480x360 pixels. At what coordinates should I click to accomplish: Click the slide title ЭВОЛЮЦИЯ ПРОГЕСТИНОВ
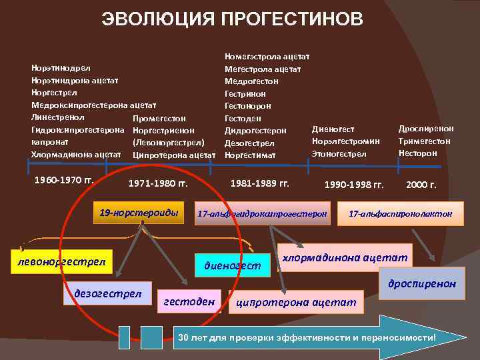point(233,19)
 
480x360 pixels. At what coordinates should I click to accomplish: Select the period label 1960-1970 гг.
point(64,180)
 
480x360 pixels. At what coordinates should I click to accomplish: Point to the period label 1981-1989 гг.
point(260,181)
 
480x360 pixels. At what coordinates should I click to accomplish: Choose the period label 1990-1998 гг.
point(353,185)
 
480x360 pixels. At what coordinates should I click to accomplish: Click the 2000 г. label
point(421,185)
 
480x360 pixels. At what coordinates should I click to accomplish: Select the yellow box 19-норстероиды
point(139,213)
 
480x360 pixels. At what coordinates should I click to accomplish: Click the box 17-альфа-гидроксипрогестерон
point(263,214)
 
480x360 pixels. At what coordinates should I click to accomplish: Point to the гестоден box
point(189,302)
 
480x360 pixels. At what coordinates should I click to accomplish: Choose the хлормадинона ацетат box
point(345,257)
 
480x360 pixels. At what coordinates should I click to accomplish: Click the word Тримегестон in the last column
point(425,141)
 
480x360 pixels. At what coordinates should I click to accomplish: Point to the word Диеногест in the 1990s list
point(333,129)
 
